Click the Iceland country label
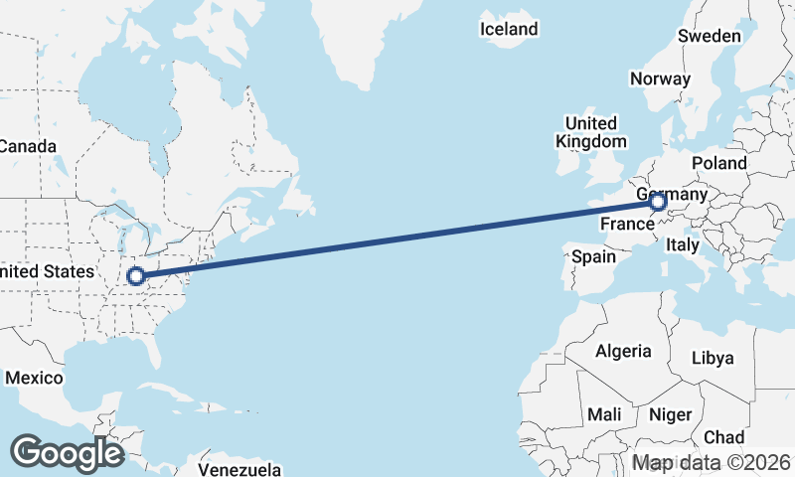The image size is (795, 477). click(509, 29)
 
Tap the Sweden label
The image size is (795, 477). click(710, 36)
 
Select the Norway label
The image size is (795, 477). click(660, 79)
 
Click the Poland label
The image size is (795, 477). click(720, 162)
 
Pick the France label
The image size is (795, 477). click(626, 225)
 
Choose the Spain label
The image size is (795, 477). click(593, 257)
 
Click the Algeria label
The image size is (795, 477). click(623, 351)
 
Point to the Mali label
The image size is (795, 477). click(604, 413)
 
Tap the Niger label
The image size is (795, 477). click(671, 413)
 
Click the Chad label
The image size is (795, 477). click(723, 437)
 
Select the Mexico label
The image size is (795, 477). click(34, 379)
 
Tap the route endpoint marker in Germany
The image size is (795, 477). click(658, 204)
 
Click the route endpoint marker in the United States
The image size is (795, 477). click(136, 277)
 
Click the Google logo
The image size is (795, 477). click(67, 452)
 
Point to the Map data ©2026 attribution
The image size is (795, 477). click(712, 463)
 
